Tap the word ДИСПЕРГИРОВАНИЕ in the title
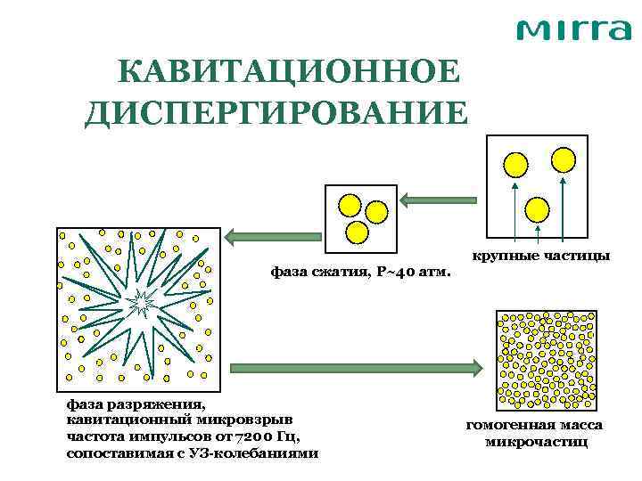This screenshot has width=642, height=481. [276, 113]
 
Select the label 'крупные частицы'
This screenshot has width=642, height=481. [541, 257]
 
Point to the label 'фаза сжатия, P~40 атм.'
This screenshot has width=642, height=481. [360, 271]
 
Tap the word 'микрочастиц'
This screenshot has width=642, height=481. [536, 442]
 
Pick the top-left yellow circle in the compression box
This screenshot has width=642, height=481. [347, 205]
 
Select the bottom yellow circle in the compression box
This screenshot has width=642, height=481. [357, 232]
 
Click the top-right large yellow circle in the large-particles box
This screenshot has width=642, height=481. [564, 159]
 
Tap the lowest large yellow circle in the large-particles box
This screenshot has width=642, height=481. [538, 209]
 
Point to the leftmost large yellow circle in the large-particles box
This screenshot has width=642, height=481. [515, 164]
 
